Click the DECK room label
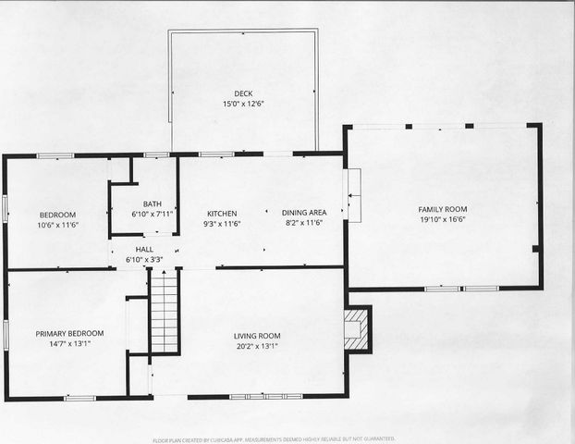tap(243, 92)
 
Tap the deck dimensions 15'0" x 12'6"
tap(243, 104)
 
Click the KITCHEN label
tap(222, 213)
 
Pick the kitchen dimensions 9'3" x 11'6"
tap(222, 224)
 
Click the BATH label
tap(152, 204)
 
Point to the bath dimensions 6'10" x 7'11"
tap(152, 215)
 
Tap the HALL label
tap(144, 250)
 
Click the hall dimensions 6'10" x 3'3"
tap(144, 260)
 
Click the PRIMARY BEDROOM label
tap(69, 333)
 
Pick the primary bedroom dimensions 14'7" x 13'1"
tap(69, 344)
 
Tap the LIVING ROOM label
tap(256, 336)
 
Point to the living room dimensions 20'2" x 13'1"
tap(256, 347)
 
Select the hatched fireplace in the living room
tap(357, 330)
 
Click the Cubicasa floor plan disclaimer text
tap(275, 438)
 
